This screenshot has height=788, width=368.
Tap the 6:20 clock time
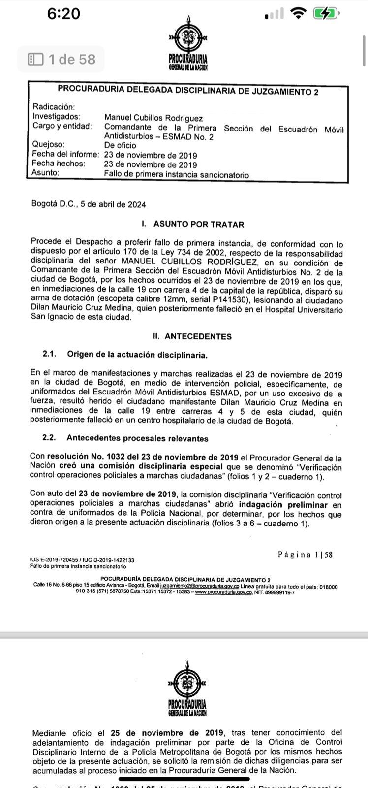tap(63, 14)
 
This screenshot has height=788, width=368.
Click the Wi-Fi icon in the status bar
tap(298, 14)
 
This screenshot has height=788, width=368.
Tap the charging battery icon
tap(326, 14)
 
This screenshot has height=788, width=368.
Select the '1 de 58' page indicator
tap(61, 60)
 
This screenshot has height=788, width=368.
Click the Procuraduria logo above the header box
tap(188, 44)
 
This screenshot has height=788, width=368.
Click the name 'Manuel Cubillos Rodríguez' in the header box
tap(153, 118)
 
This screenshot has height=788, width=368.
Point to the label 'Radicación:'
tap(54, 107)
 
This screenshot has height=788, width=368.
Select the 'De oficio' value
tap(120, 146)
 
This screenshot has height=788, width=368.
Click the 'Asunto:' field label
tap(46, 173)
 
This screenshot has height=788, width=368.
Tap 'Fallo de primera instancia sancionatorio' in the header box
tap(176, 175)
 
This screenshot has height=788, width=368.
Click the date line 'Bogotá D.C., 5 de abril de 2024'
tap(89, 204)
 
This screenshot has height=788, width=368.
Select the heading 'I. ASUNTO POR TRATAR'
tap(192, 225)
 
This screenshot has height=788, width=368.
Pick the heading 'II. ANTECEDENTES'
tap(192, 337)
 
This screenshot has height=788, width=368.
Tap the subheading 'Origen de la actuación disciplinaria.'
tap(137, 355)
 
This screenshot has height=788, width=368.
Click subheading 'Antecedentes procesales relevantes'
tap(137, 438)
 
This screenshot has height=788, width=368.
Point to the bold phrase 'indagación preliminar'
tap(283, 505)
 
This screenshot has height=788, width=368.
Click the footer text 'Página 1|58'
tap(305, 555)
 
